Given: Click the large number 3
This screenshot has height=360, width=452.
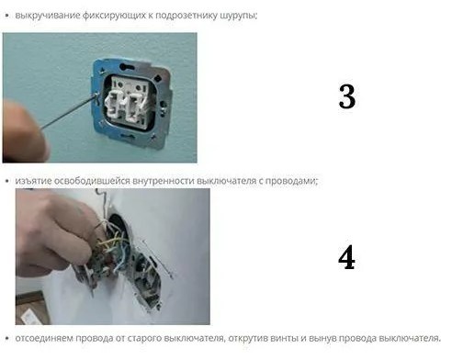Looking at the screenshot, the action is click(347, 96).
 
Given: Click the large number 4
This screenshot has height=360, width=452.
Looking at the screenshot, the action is click(346, 257).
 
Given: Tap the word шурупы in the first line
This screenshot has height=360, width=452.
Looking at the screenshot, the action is click(238, 16).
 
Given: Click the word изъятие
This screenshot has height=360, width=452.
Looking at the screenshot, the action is click(33, 181).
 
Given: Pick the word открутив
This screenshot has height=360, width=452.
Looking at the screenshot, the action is click(248, 339).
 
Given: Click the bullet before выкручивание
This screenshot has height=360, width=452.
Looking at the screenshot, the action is click(7, 16).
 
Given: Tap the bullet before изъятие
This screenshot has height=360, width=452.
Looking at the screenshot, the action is click(7, 181).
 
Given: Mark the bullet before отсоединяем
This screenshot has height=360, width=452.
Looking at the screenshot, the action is click(7, 338).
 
